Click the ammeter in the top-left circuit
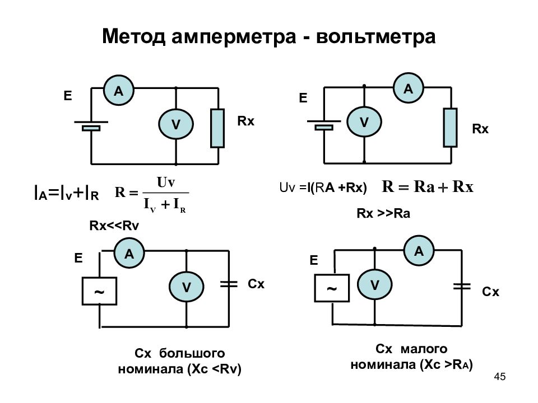click(119, 90)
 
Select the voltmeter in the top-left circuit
click(176, 124)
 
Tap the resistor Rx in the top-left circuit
click(217, 128)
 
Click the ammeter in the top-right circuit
click(409, 88)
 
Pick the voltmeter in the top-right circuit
click(364, 121)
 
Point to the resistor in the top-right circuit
click(450, 128)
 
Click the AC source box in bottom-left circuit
click(100, 291)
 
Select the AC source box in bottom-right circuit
click(332, 288)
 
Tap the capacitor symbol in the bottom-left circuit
click(229, 284)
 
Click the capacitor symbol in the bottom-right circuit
click(462, 286)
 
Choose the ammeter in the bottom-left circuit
click(129, 253)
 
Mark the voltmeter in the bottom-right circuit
click(375, 284)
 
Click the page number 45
click(500, 377)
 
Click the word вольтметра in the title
click(375, 36)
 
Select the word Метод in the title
click(134, 36)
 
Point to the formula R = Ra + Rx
click(428, 187)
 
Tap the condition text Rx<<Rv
click(114, 226)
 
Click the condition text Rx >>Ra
click(383, 213)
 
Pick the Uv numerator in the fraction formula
click(166, 182)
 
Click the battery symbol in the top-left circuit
click(91, 125)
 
